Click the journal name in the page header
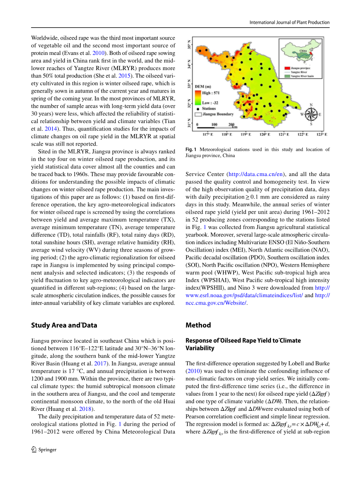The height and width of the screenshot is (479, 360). [290, 22]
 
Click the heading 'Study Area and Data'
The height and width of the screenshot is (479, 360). [64, 325]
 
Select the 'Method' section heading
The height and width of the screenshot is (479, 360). [198, 325]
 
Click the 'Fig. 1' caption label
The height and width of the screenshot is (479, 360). [191, 150]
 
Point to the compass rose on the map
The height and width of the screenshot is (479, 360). [311, 114]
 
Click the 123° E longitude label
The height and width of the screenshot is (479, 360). [321, 134]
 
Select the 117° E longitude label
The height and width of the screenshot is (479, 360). [207, 134]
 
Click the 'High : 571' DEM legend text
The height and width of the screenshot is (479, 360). [212, 93]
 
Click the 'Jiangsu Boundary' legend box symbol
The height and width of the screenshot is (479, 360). [198, 114]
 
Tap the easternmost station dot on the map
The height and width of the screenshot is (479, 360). [296, 107]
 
